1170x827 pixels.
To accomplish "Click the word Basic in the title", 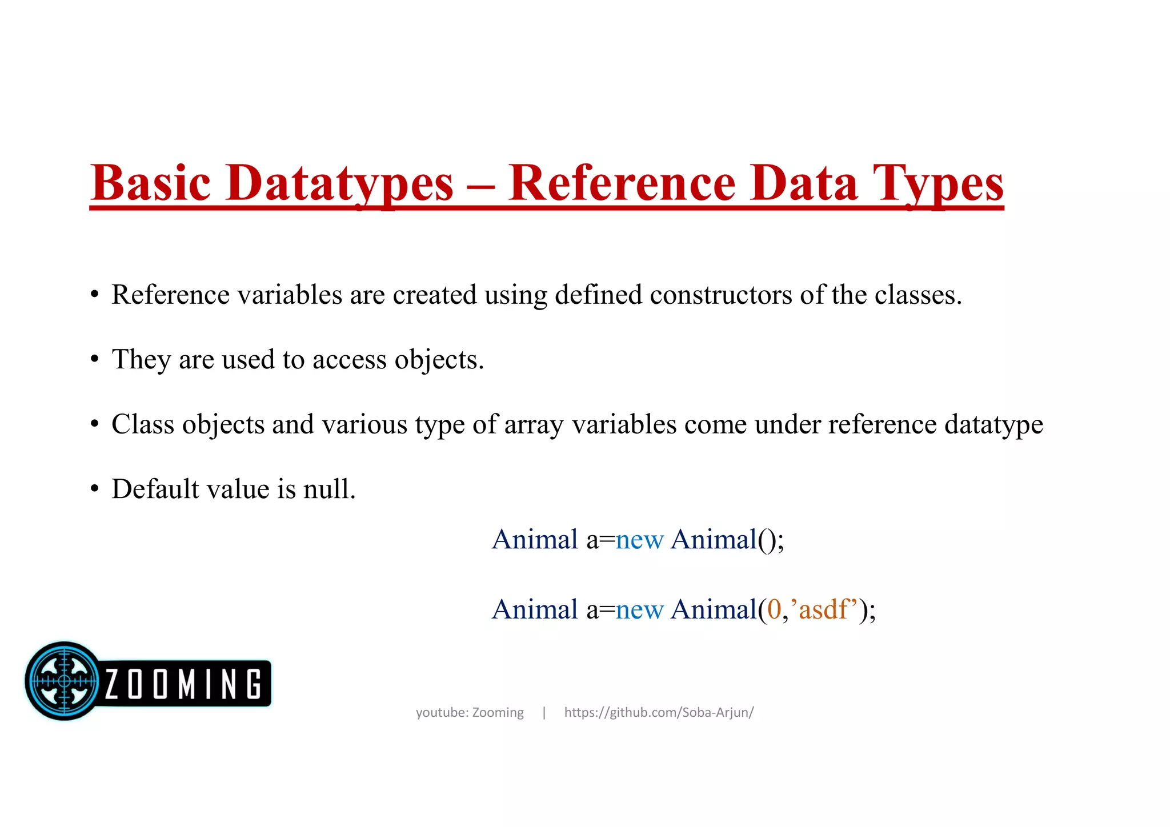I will click(x=150, y=183).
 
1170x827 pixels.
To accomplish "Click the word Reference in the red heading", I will click(x=622, y=183).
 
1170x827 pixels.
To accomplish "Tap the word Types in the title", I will click(x=938, y=184).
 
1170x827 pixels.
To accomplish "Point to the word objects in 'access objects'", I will click(x=439, y=360).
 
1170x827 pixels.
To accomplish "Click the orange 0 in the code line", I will click(x=774, y=609).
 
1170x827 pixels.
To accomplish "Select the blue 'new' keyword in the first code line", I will click(x=639, y=539).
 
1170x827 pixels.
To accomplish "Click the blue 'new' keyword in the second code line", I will click(x=639, y=609).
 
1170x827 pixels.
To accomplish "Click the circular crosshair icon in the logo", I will click(x=64, y=681).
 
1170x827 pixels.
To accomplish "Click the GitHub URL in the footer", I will click(x=659, y=712).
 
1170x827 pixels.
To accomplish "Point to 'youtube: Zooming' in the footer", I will click(x=470, y=712).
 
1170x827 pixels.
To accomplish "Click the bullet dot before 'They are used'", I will click(x=95, y=360).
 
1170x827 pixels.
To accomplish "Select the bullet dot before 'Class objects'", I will click(x=95, y=425).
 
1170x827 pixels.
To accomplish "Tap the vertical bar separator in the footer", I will click(x=544, y=712).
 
